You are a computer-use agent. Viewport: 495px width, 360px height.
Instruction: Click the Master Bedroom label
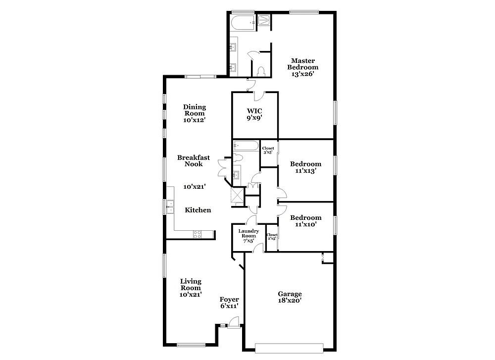tap(303, 64)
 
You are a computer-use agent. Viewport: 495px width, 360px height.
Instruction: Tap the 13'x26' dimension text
tap(303, 74)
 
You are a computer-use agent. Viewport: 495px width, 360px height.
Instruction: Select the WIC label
tap(254, 111)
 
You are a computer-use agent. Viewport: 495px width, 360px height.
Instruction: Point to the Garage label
tap(290, 294)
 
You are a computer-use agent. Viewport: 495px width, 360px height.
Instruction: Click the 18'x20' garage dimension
tap(290, 301)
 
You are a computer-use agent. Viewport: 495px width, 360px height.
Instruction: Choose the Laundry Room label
tap(249, 233)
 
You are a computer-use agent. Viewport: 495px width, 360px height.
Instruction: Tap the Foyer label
tap(229, 300)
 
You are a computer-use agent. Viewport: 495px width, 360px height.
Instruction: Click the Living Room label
tap(191, 285)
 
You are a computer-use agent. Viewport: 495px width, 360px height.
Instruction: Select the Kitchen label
tap(198, 210)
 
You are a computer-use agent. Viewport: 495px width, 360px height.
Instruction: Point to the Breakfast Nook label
tap(194, 161)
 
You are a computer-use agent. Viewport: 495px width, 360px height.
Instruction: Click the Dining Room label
tap(195, 110)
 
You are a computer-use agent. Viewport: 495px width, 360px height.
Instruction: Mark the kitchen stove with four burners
tap(198, 234)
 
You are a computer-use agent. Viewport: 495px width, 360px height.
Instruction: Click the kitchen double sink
tap(170, 207)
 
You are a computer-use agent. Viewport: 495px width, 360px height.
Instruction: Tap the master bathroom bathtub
tap(243, 23)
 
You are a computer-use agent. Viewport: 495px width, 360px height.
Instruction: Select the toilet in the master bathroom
tap(261, 71)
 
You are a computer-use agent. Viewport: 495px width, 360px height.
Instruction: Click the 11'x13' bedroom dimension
tap(305, 171)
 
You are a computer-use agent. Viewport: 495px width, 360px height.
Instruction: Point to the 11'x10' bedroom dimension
tap(305, 224)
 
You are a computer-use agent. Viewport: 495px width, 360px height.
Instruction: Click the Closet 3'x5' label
tap(268, 150)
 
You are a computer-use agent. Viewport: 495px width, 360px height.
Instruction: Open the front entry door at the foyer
tap(234, 323)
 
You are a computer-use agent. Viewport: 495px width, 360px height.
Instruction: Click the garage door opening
tap(289, 348)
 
